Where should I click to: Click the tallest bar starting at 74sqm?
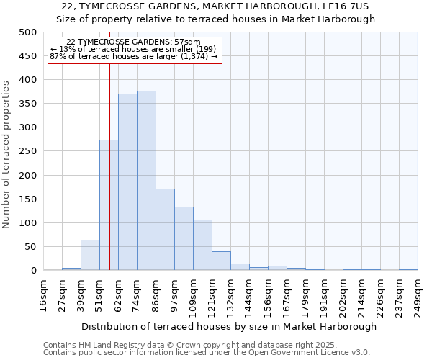point(146,181)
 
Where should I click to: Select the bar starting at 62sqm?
point(127,182)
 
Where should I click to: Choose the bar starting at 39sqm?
point(90,255)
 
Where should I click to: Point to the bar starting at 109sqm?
point(202,245)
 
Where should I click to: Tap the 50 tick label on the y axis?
point(30,247)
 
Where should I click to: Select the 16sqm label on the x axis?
point(43,294)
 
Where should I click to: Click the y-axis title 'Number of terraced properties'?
point(7,154)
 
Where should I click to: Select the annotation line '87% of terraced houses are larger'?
point(133,56)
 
